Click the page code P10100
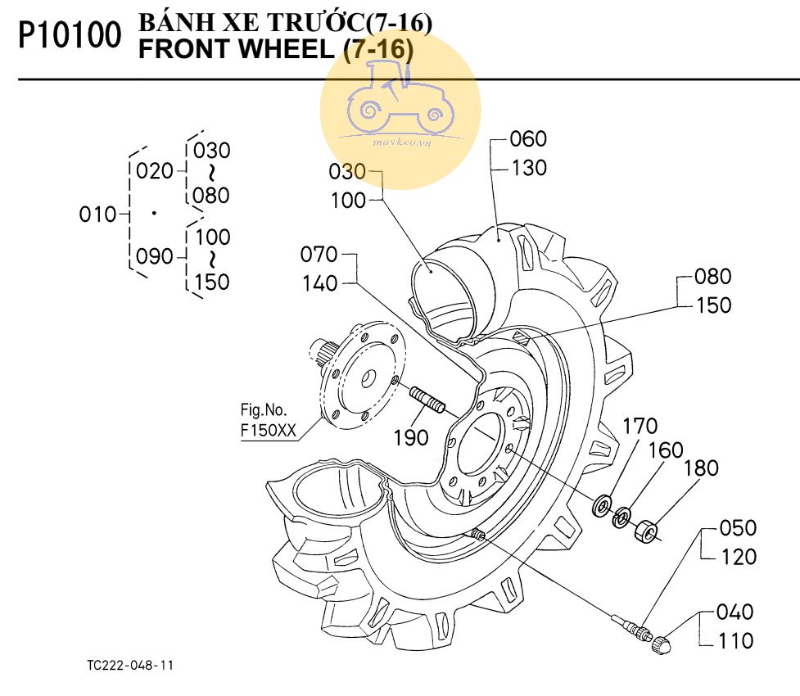[x=70, y=37]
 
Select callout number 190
[x=409, y=437]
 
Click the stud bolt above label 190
[x=426, y=400]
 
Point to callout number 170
[x=640, y=426]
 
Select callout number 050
[x=738, y=527]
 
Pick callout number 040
[x=734, y=612]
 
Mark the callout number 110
[x=734, y=641]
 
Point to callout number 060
[x=528, y=138]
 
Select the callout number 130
[x=528, y=168]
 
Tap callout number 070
[x=319, y=254]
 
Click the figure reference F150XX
[x=269, y=432]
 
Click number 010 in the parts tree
[x=97, y=215]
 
